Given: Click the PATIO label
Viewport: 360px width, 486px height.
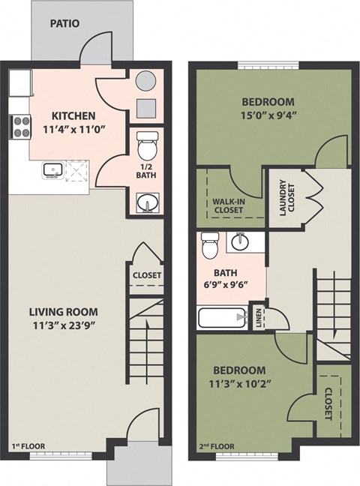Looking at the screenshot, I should [65, 24].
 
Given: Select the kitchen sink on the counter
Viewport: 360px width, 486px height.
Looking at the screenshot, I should [53, 169].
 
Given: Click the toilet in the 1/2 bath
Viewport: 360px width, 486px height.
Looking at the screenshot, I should [147, 140].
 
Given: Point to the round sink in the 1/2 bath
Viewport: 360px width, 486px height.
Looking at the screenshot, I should [146, 201].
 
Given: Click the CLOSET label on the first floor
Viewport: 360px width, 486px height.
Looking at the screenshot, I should [146, 275].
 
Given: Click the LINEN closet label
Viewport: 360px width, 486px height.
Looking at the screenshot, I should [259, 316].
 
